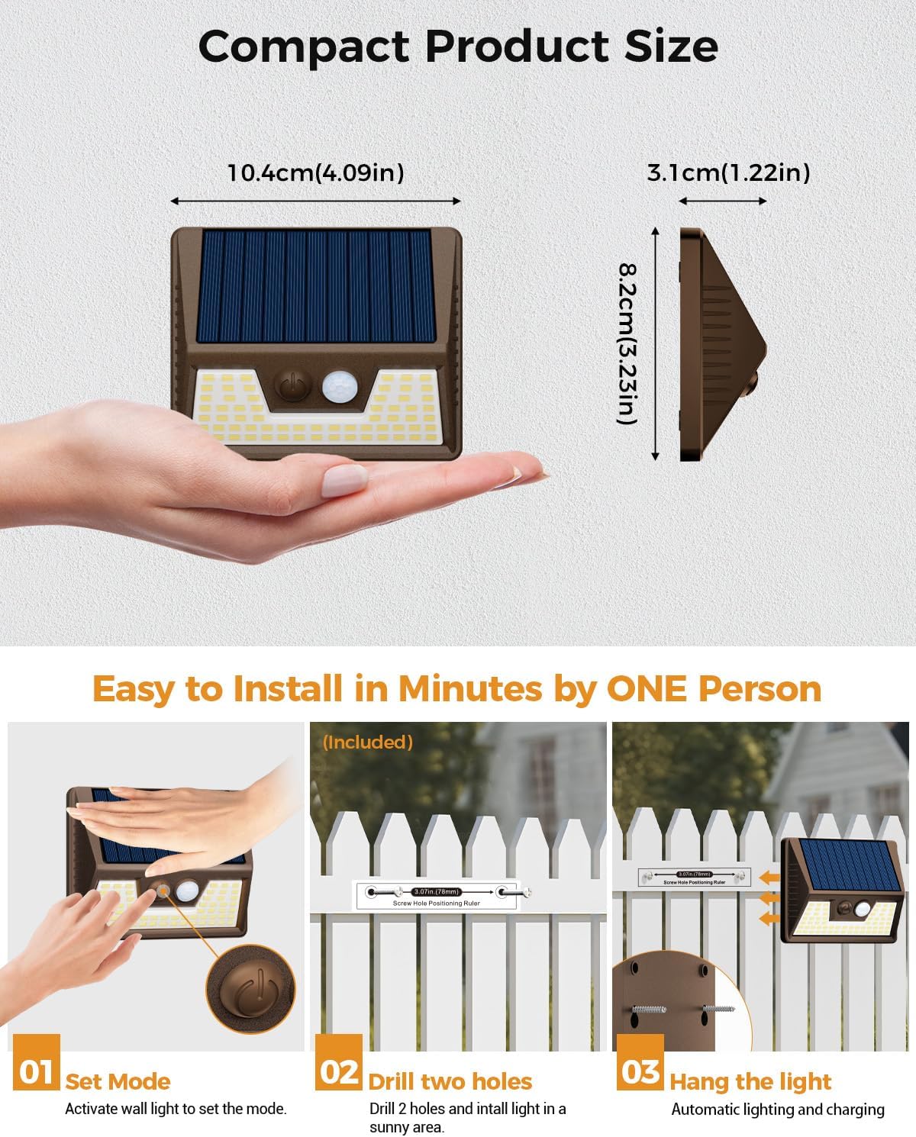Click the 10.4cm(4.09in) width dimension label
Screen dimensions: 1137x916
(315, 172)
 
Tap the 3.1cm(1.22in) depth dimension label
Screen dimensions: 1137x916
(728, 172)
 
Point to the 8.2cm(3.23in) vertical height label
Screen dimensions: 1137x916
(627, 343)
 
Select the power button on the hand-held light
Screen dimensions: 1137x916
(291, 386)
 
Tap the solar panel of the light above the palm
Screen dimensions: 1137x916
(315, 286)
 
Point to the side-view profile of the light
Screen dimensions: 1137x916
(718, 343)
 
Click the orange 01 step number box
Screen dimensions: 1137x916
(36, 1071)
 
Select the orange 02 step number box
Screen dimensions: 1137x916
(339, 1071)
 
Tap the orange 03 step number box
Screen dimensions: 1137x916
(640, 1071)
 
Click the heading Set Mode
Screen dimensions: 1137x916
(118, 1081)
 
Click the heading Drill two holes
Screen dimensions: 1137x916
(450, 1081)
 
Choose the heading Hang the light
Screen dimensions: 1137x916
(750, 1081)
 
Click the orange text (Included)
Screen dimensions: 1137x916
(368, 742)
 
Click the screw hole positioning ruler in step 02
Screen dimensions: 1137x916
(437, 895)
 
